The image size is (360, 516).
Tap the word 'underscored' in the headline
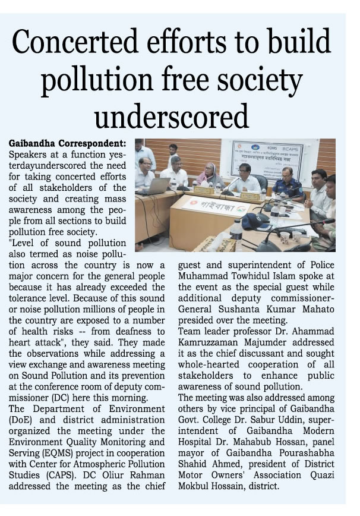171,115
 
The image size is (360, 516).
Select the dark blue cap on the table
255,221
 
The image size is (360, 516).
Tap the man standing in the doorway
172,156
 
